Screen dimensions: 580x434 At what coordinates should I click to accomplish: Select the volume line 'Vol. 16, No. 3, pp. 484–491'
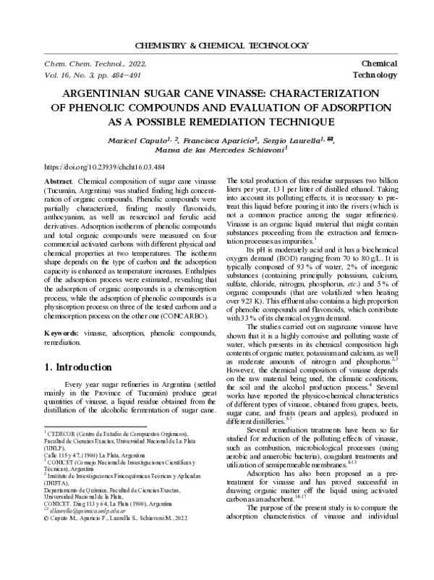tap(92, 75)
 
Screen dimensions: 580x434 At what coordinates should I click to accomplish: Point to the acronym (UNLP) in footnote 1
tap(58, 448)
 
